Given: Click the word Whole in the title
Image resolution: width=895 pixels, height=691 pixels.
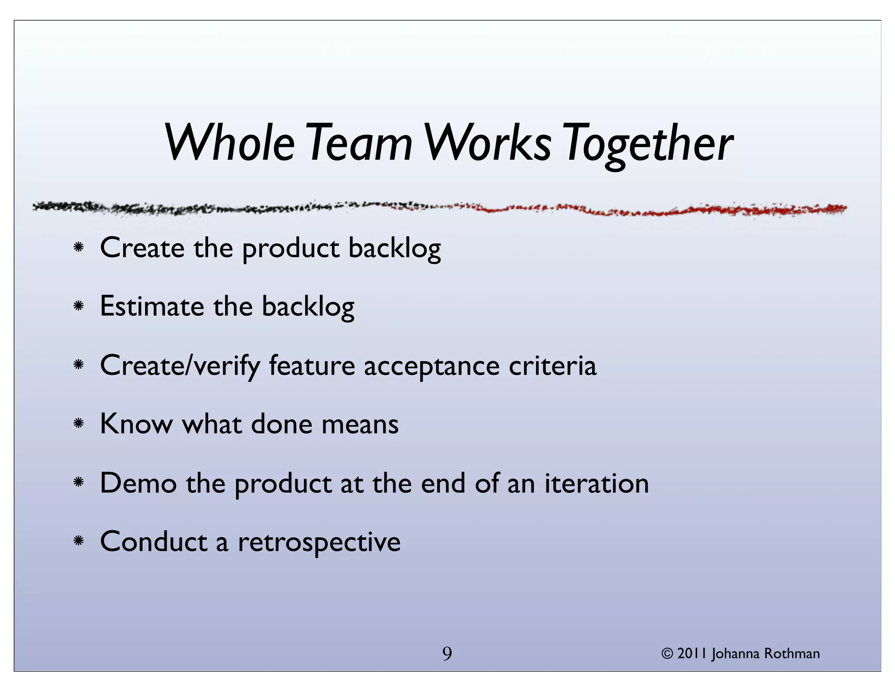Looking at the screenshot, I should [x=229, y=142].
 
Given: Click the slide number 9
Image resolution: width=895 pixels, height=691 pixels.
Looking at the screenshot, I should [x=447, y=654].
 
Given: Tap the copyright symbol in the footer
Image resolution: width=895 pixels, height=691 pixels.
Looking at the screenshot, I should [x=667, y=654].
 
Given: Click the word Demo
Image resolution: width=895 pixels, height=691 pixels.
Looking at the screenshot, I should [x=138, y=483].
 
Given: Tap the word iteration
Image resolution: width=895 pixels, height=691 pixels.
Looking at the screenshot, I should [x=597, y=483].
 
